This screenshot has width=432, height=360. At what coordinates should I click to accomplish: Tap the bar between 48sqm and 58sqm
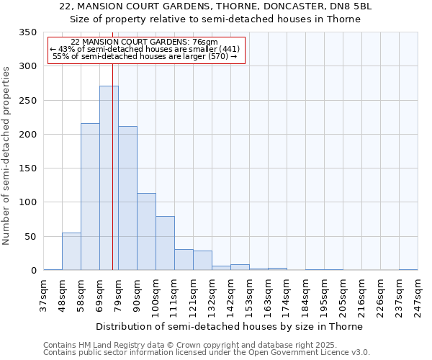pyautogui.click(x=71, y=251)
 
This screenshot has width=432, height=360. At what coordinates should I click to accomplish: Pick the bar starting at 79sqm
pyautogui.click(x=127, y=198)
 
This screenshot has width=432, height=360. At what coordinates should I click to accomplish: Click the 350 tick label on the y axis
pyautogui.click(x=27, y=32)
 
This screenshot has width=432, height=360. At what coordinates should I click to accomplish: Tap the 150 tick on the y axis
pyautogui.click(x=27, y=168)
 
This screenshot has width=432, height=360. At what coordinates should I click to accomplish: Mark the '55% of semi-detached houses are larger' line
pyautogui.click(x=145, y=56)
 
